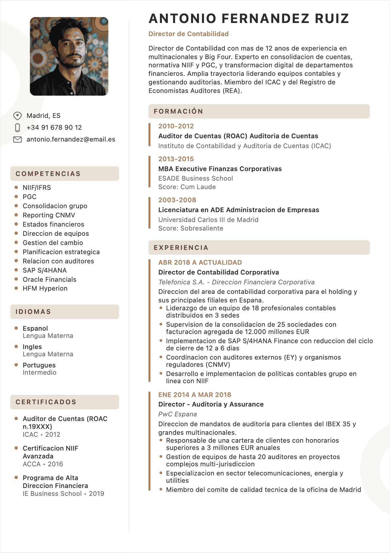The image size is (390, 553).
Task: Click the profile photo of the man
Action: pyautogui.click(x=69, y=56)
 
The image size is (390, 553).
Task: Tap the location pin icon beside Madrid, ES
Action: pyautogui.click(x=17, y=116)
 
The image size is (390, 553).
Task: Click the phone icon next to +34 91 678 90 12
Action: pyautogui.click(x=18, y=127)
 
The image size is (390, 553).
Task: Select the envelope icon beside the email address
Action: pyautogui.click(x=17, y=139)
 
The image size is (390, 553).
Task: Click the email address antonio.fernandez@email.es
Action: pyautogui.click(x=71, y=139)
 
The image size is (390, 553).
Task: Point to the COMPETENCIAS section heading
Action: pyautogui.click(x=48, y=174)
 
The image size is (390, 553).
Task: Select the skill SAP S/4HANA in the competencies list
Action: pyautogui.click(x=45, y=270)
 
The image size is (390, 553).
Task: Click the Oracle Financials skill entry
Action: pyautogui.click(x=49, y=279)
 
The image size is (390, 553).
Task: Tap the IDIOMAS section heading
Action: pyautogui.click(x=33, y=312)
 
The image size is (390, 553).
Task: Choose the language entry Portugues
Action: pyautogui.click(x=39, y=365)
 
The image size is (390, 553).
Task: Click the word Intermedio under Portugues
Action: pyautogui.click(x=39, y=372)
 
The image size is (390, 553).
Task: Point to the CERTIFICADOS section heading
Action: pyautogui.click(x=46, y=402)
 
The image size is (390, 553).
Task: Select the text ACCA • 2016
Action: pyautogui.click(x=43, y=464)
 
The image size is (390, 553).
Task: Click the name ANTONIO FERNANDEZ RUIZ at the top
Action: pyautogui.click(x=249, y=19)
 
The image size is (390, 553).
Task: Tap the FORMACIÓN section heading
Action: pyautogui.click(x=178, y=111)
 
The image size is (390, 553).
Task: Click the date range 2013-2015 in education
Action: pyautogui.click(x=176, y=159)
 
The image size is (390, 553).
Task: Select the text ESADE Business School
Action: pyautogui.click(x=196, y=178)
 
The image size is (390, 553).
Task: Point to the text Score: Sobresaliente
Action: pyautogui.click(x=191, y=228)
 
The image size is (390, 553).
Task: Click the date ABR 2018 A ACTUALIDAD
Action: pyautogui.click(x=200, y=262)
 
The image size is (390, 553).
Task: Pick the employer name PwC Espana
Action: pyautogui.click(x=178, y=414)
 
